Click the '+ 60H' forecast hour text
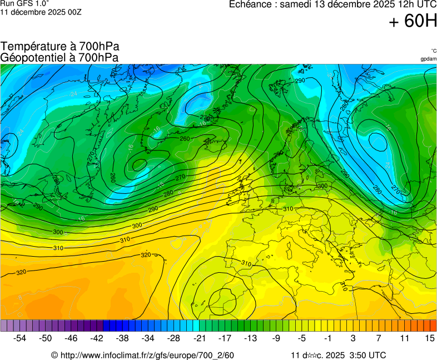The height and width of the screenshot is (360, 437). pyautogui.click(x=413, y=21)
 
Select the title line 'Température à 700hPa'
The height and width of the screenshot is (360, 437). pyautogui.click(x=60, y=47)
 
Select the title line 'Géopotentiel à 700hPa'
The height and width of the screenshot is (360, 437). pyautogui.click(x=60, y=57)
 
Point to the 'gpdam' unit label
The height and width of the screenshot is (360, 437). pyautogui.click(x=428, y=59)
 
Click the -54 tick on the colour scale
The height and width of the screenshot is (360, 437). pyautogui.click(x=20, y=338)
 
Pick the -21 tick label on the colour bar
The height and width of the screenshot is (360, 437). pyautogui.click(x=199, y=338)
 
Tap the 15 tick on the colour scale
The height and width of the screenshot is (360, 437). pyautogui.click(x=429, y=338)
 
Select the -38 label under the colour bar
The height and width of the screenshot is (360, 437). pyautogui.click(x=122, y=338)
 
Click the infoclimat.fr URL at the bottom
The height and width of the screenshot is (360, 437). pyautogui.click(x=142, y=356)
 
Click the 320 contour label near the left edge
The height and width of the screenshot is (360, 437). pyautogui.click(x=21, y=272)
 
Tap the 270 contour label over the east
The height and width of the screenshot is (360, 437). pyautogui.click(x=395, y=189)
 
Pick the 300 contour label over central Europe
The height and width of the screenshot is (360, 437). pyautogui.click(x=322, y=186)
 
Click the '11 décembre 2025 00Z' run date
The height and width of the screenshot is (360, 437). pyautogui.click(x=41, y=12)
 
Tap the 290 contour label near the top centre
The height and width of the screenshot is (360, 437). pyautogui.click(x=300, y=81)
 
